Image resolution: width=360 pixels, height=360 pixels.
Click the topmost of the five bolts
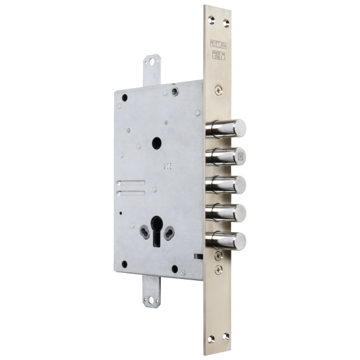[x=227, y=128]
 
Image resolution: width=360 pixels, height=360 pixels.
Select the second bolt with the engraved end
[x=227, y=156]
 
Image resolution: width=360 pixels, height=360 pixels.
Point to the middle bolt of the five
[x=227, y=184]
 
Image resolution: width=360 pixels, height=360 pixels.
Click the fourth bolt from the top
[x=227, y=212]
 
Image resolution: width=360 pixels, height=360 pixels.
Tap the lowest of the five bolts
[x=227, y=241]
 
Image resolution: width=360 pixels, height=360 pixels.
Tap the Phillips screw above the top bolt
[x=218, y=90]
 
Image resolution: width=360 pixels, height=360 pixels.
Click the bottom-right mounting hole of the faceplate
[x=226, y=337]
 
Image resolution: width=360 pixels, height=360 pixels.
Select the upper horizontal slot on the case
[x=131, y=183]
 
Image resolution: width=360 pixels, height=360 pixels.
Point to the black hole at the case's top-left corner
[x=124, y=97]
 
